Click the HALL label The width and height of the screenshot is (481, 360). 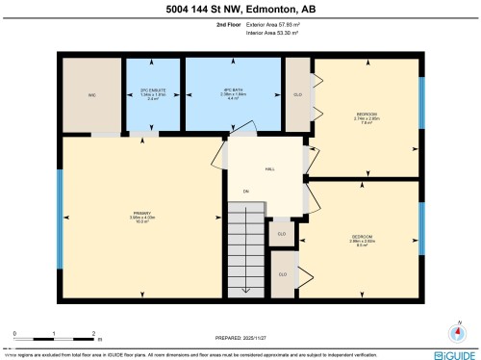(270, 168)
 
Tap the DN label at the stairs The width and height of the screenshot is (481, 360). (246, 192)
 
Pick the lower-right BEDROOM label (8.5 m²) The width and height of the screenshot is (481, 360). (362, 240)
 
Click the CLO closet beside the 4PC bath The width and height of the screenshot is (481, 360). (298, 94)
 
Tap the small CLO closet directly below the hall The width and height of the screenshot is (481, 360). (282, 233)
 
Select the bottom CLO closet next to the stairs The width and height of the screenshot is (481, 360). (282, 274)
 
